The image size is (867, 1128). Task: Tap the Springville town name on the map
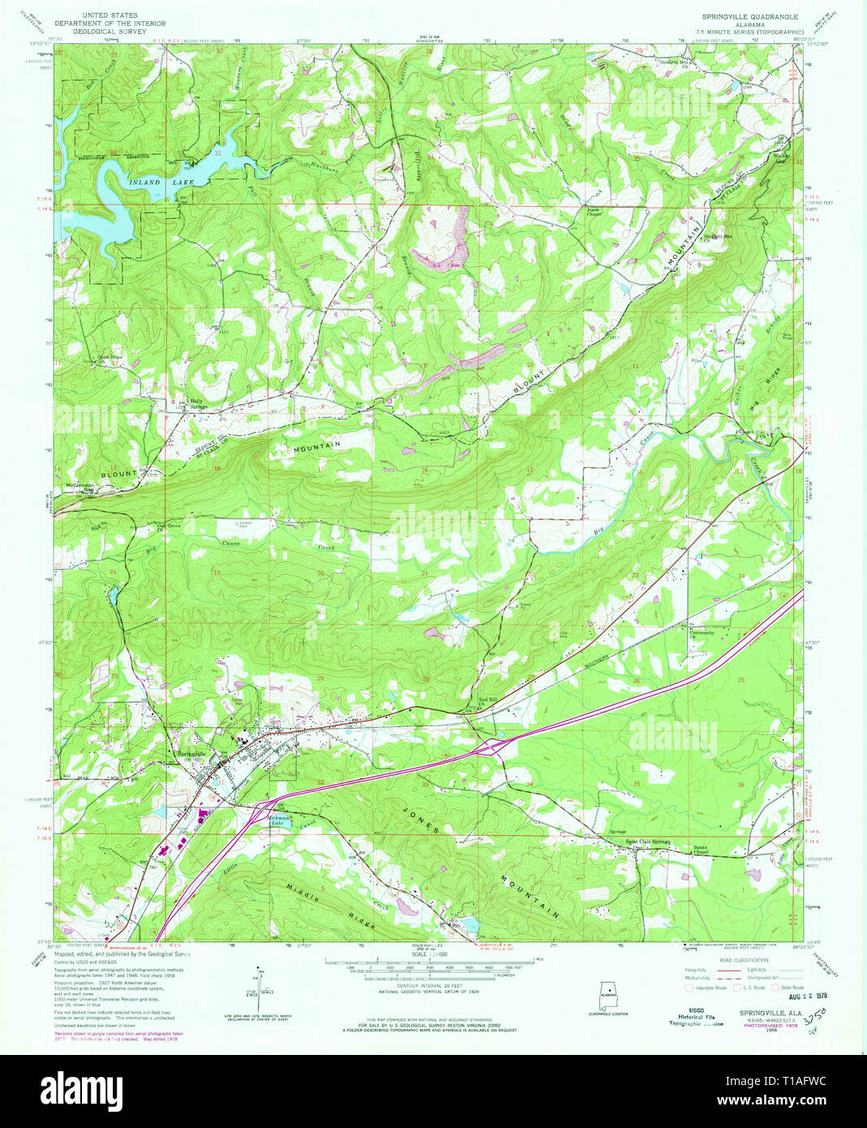(192, 754)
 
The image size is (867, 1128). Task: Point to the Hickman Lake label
(281, 821)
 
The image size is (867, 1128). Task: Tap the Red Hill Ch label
(487, 701)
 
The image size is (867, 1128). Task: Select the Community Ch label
(702, 634)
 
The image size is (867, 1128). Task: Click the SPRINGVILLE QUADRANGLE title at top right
(750, 16)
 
